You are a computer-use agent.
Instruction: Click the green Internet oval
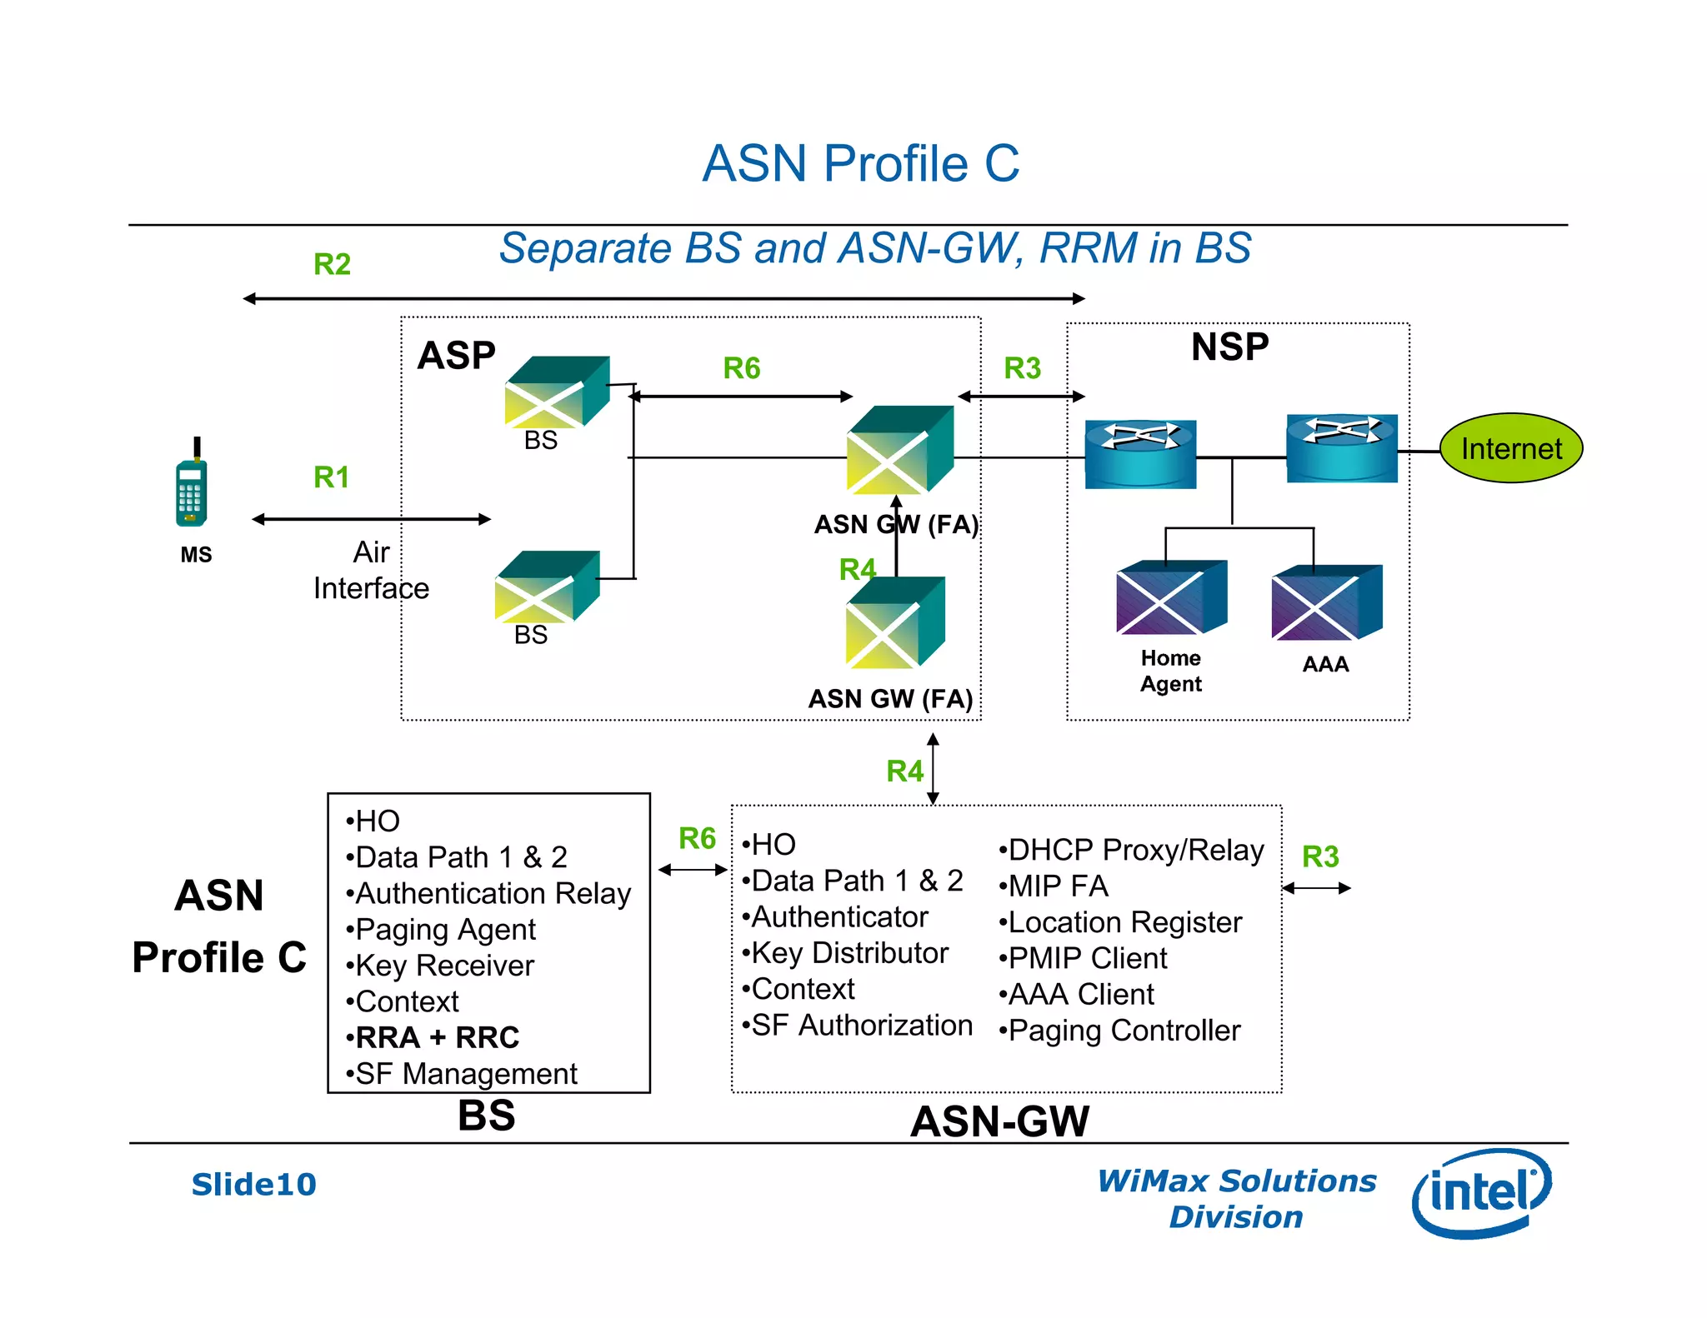1510,448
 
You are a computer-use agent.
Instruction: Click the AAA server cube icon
1325,602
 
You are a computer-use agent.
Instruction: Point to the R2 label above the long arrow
332,264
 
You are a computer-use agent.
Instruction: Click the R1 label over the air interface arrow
331,477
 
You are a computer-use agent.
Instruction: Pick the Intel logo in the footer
1481,1192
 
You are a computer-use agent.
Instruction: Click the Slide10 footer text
253,1184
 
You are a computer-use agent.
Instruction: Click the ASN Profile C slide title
860,163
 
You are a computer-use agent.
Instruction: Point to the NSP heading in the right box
1229,347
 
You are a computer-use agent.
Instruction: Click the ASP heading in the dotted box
456,356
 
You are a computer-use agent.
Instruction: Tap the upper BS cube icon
556,392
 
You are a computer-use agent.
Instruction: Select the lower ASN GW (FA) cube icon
894,622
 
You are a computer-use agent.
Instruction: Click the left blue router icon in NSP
1139,453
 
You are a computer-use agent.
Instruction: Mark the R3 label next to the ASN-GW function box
1320,856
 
